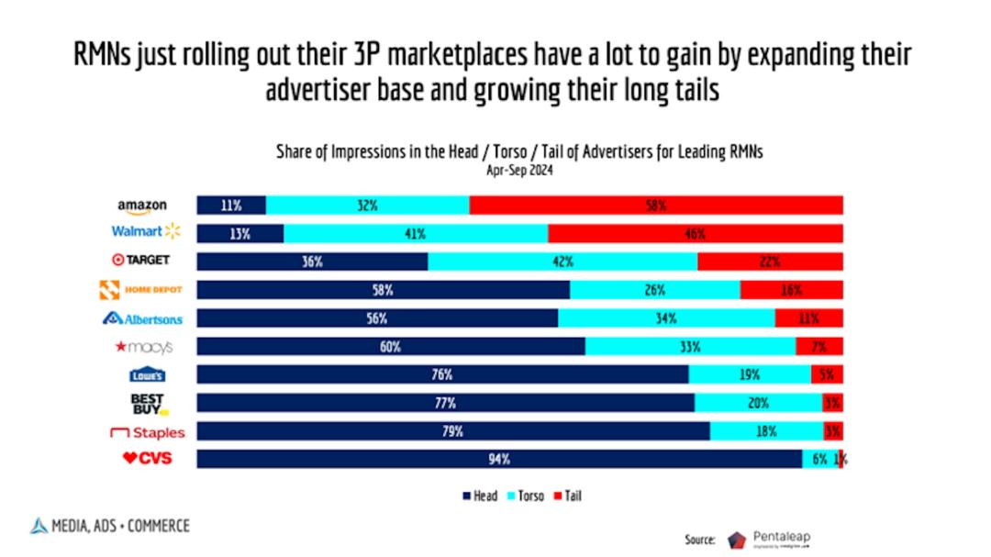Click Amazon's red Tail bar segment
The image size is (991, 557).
(655, 206)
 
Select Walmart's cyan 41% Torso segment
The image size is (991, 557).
(415, 234)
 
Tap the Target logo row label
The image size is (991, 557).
(141, 261)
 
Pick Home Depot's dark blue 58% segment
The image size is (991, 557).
(383, 290)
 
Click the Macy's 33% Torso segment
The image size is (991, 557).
(690, 347)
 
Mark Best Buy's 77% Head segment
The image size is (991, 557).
(445, 403)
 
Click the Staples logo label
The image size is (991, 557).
(147, 431)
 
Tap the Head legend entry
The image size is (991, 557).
(480, 496)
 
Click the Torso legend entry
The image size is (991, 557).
(526, 496)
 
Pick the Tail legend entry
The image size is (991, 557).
(567, 496)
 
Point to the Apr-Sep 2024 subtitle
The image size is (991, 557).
(519, 170)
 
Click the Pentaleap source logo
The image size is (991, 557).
(769, 539)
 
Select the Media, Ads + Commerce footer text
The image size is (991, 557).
(110, 526)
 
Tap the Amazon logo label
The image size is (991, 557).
(142, 206)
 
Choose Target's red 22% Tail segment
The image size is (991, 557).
(769, 262)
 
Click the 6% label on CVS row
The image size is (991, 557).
(818, 460)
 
